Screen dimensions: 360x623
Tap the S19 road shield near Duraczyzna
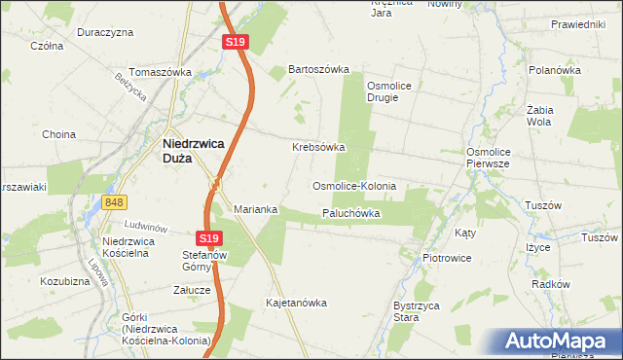(235, 42)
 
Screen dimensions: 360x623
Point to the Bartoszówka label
(318, 70)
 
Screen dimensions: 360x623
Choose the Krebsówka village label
(318, 148)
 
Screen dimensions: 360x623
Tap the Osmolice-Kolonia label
(353, 185)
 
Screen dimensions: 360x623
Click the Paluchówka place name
(350, 213)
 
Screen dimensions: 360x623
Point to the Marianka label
(256, 209)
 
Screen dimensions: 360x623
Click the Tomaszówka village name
(161, 72)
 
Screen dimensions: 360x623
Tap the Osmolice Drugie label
(388, 91)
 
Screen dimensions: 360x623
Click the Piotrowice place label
(447, 258)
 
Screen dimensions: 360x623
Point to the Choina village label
(59, 134)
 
